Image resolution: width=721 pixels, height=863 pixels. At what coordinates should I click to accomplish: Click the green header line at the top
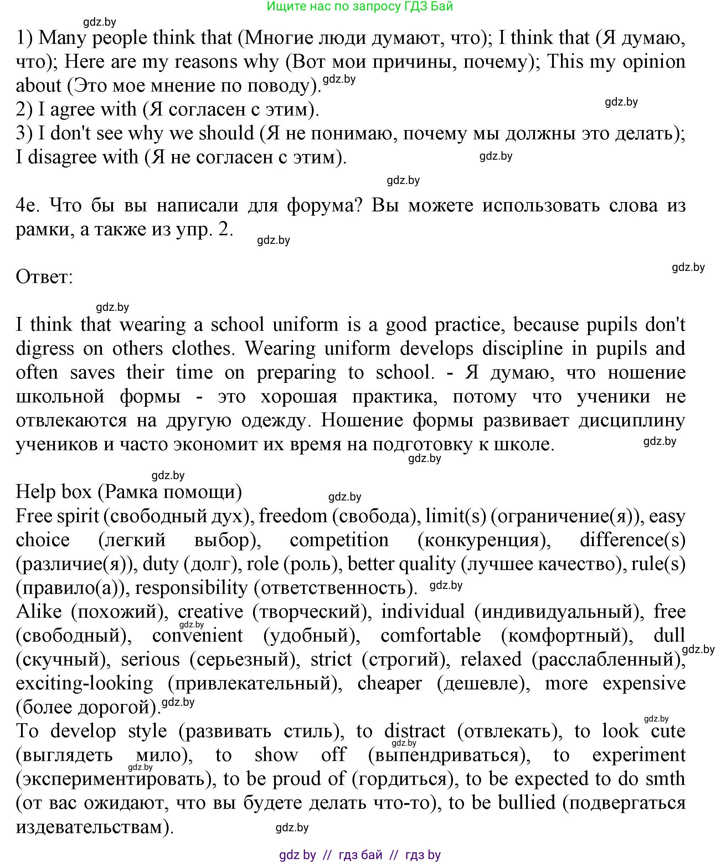click(x=360, y=6)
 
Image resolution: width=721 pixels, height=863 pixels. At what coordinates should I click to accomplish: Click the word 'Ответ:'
click(x=44, y=277)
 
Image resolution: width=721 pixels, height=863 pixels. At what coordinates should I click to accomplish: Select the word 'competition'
click(x=339, y=540)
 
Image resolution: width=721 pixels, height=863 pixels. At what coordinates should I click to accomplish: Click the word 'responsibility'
click(x=191, y=588)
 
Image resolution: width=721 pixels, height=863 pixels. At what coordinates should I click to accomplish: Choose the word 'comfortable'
click(x=431, y=636)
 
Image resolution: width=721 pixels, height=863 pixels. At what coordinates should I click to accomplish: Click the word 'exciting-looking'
click(x=84, y=683)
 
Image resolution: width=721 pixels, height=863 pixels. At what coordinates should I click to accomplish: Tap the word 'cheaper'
click(x=390, y=683)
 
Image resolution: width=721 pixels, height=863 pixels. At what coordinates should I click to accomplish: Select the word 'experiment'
click(x=638, y=755)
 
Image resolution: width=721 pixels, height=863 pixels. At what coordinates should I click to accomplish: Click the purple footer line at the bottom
click(x=360, y=855)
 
